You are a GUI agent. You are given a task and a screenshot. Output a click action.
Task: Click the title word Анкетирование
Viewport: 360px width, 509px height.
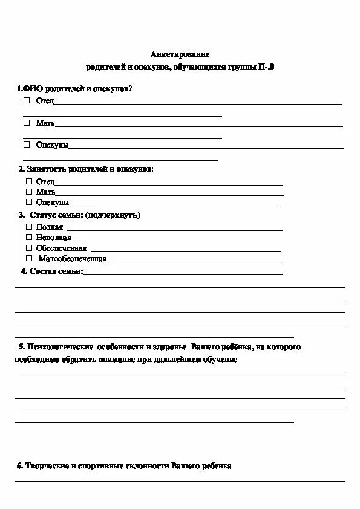(x=180, y=54)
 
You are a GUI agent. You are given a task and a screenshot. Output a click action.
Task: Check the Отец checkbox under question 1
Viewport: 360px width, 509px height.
(x=27, y=100)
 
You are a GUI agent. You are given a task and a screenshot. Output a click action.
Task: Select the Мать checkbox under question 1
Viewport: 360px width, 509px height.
(x=27, y=122)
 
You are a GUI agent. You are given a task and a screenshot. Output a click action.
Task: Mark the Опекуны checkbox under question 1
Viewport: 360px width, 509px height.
(x=27, y=144)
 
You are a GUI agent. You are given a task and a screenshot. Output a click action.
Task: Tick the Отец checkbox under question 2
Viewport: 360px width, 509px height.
(x=29, y=181)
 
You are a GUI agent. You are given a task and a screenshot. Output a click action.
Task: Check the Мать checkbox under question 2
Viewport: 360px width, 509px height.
(x=29, y=191)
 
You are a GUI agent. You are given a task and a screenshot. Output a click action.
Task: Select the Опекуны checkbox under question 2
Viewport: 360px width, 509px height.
(x=29, y=202)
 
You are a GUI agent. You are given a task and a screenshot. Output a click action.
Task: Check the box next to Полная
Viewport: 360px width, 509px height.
(x=29, y=226)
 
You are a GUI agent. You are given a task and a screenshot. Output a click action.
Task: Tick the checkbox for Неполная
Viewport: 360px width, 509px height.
(x=29, y=237)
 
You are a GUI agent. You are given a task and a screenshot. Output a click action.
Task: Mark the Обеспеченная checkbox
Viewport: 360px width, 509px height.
(x=29, y=248)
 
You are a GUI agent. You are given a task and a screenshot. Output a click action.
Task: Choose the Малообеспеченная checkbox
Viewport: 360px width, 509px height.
(x=29, y=258)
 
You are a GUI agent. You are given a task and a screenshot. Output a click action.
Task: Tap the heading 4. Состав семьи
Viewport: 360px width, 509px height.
(x=51, y=271)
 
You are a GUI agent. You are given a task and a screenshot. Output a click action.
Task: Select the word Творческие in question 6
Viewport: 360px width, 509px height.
(x=46, y=466)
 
